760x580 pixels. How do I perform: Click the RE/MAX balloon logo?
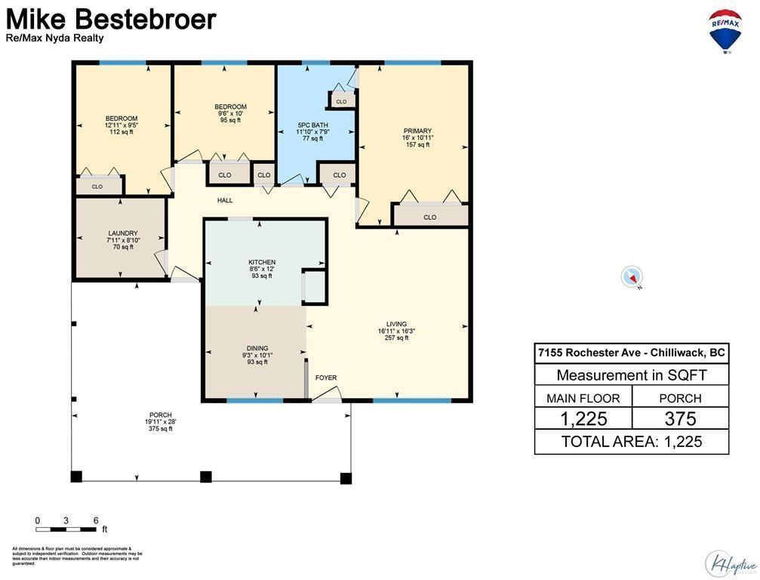coord(725,31)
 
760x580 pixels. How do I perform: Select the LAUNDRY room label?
coord(122,233)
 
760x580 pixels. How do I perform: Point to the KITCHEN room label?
coord(262,263)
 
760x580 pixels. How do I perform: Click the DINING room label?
coord(257,349)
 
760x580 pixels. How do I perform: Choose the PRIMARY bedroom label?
coord(417,131)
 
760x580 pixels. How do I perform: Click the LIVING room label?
coord(397,325)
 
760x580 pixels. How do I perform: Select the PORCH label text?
coord(161,415)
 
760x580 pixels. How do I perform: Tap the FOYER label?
coord(326,378)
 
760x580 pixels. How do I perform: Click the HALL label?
coord(225,201)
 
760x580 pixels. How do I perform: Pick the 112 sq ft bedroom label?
coord(121,119)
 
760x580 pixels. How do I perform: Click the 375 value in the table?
coord(680,419)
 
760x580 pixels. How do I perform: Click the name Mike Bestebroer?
coord(112,19)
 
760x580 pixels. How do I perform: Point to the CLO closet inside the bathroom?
coord(341,101)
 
